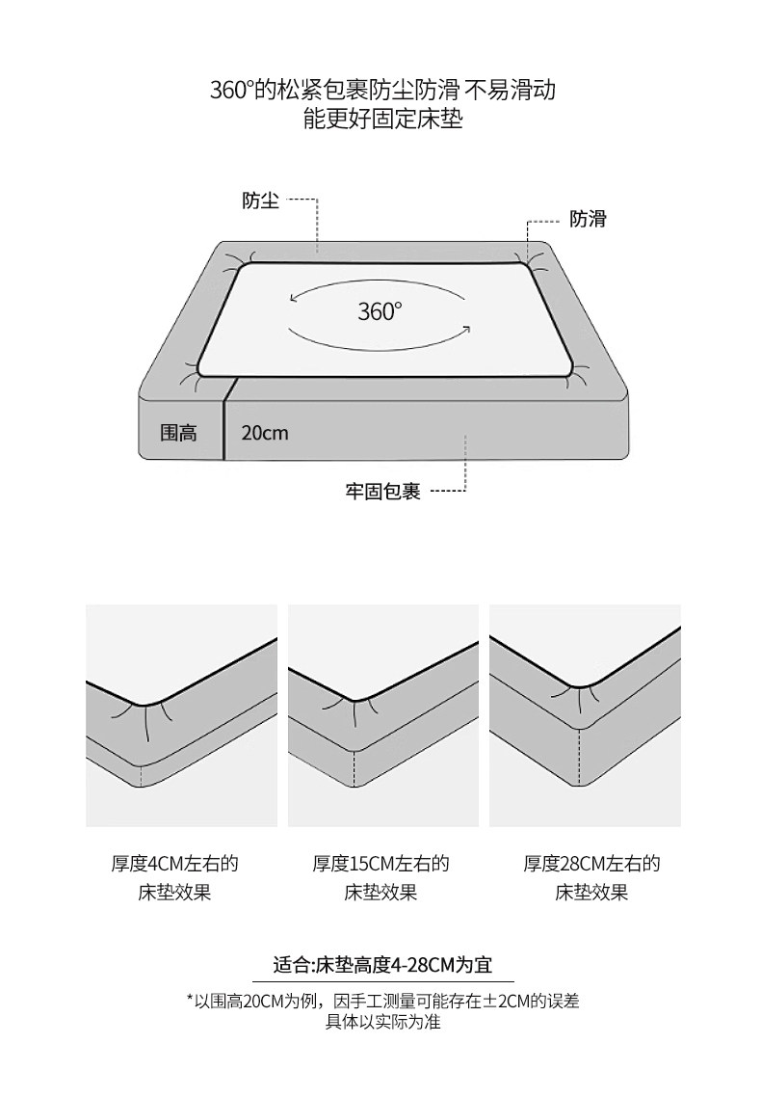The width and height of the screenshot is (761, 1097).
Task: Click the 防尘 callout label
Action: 260,201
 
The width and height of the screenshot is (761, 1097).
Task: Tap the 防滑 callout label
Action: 588,219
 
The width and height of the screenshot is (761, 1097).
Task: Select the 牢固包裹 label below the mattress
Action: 383,492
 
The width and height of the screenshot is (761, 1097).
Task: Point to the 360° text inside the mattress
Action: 379,311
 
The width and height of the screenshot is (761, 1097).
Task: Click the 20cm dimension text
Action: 265,433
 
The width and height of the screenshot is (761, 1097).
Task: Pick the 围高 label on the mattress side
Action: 178,433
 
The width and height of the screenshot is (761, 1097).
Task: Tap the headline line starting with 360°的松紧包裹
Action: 382,92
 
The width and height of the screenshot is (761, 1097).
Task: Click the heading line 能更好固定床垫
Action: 382,121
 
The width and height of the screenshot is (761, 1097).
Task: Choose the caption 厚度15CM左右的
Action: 380,863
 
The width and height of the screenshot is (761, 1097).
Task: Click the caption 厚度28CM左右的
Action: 591,863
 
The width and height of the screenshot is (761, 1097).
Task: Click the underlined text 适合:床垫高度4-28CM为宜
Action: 382,965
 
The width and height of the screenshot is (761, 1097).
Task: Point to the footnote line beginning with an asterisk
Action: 382,1002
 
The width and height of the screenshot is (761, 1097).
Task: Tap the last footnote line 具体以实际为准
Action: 382,1022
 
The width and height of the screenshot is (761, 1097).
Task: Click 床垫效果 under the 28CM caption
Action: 591,892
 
